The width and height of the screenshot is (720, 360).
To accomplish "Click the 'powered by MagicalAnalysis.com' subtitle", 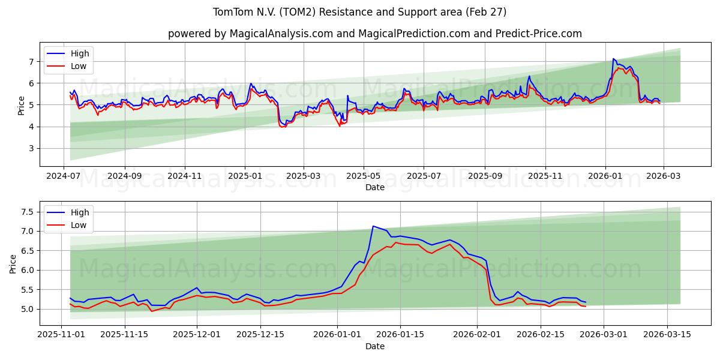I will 375,34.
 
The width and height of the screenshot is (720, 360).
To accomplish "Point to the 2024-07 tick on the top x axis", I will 64,177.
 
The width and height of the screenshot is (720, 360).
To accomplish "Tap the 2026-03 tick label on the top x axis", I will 664,177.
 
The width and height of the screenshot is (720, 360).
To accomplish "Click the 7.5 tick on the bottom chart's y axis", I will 28,212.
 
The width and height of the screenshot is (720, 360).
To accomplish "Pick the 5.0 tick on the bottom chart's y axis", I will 28,309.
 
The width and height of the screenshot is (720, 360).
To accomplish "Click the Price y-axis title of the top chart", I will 22,105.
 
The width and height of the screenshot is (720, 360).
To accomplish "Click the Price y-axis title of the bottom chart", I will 13,263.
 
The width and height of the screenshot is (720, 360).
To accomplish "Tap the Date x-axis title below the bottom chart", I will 375,347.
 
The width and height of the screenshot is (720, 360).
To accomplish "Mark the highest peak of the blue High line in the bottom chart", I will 373,226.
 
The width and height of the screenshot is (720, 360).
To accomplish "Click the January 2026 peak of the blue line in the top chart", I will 613,59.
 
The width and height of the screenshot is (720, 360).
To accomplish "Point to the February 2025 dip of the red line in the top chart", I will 281,127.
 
